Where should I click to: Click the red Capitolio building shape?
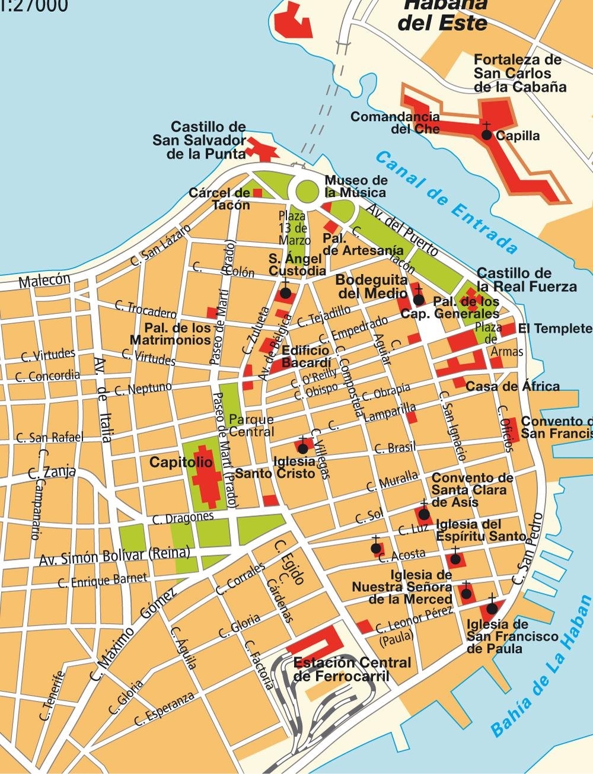click(205, 475)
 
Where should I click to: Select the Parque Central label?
click(251, 425)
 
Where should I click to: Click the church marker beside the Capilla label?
click(486, 134)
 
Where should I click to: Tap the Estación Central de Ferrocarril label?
click(352, 669)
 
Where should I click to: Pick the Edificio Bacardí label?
click(305, 356)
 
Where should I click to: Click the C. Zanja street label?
click(52, 473)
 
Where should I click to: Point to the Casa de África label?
click(512, 387)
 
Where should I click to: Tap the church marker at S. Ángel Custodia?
click(285, 293)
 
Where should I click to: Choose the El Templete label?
click(554, 329)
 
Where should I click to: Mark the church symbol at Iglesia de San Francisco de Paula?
click(492, 608)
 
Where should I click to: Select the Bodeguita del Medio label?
click(371, 286)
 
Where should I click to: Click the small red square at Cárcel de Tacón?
click(257, 193)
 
